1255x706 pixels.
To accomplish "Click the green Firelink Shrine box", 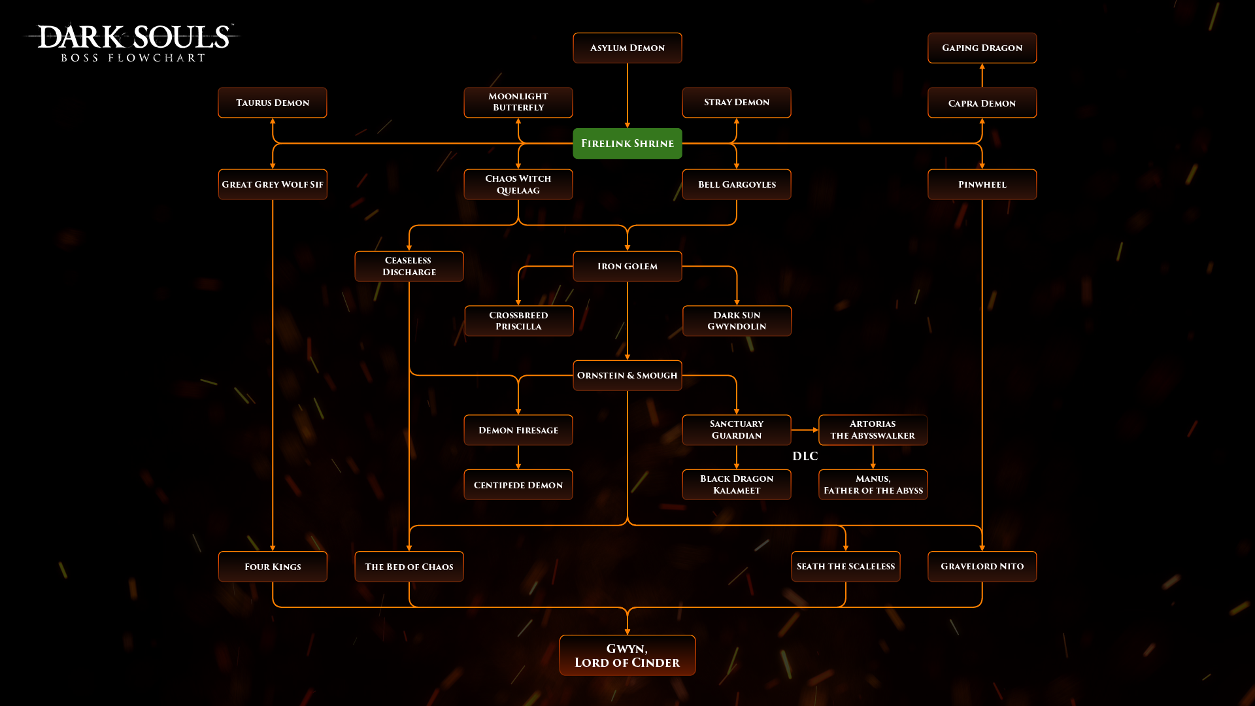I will (x=627, y=143).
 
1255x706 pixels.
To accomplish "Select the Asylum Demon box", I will (x=627, y=48).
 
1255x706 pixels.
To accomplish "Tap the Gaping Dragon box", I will (x=982, y=48).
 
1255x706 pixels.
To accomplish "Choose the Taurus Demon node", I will (x=272, y=103).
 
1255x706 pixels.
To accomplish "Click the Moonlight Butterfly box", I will (x=518, y=102).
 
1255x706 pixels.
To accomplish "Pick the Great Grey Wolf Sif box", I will (x=272, y=184).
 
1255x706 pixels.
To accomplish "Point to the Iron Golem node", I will (x=627, y=266).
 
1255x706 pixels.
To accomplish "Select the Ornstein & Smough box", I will (x=627, y=375).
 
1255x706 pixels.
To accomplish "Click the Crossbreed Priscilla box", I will (x=518, y=320).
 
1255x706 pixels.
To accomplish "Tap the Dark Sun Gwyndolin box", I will (x=737, y=320).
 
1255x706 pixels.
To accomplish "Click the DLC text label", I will (x=805, y=456).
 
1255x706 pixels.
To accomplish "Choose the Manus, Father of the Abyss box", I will (x=873, y=484).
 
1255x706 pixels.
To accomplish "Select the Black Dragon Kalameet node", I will (x=737, y=484).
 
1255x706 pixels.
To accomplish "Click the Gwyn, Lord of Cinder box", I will (x=627, y=655).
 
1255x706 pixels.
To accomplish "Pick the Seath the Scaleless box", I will (x=845, y=566).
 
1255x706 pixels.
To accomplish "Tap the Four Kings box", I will (x=272, y=566).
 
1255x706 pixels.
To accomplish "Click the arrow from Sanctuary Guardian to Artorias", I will (x=805, y=430).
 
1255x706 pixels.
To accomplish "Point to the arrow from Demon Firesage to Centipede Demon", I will (x=518, y=458).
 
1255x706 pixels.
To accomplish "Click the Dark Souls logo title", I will (x=134, y=37).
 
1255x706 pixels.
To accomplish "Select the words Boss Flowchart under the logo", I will (x=133, y=58).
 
